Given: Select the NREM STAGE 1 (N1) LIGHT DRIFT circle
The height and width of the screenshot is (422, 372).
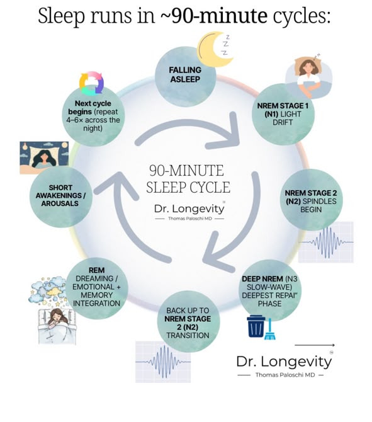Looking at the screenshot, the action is [283, 114].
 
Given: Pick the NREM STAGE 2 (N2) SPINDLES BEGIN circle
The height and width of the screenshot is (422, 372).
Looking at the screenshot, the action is [311, 200].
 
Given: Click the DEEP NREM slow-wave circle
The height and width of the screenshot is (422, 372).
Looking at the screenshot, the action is [270, 290].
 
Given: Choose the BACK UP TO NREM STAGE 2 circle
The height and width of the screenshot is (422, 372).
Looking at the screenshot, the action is [188, 321].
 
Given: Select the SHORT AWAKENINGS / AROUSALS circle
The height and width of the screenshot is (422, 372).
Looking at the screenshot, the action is [61, 196].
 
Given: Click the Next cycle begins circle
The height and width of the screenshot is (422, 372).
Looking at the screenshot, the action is [93, 115].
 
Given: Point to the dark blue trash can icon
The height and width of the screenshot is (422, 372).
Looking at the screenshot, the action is [256, 326].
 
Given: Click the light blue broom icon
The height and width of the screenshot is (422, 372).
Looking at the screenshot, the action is [270, 329].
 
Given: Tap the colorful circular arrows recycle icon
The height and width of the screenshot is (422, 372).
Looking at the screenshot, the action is [91, 83].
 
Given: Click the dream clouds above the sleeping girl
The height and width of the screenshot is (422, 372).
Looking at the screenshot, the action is [48, 291].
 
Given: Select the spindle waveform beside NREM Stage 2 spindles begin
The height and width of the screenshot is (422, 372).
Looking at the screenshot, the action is [326, 242].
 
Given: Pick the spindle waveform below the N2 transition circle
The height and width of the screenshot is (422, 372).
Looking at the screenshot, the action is [163, 362].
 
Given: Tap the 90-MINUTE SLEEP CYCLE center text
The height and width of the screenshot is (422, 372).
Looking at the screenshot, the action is [188, 179].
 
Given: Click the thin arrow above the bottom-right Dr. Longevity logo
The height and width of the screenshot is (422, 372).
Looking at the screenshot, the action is [315, 345].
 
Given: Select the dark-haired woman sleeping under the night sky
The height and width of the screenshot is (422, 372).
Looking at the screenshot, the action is [44, 157].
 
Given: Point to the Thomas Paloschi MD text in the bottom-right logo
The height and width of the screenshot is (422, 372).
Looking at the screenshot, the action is [285, 375].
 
